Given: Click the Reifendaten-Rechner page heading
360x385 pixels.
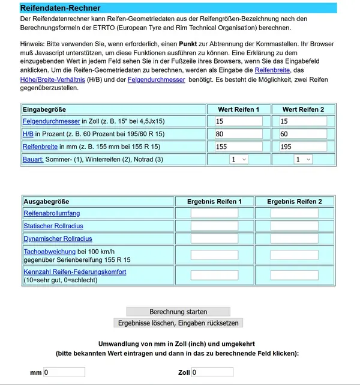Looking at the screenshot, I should [x=60, y=8].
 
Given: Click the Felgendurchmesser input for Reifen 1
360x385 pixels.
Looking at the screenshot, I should [x=239, y=121].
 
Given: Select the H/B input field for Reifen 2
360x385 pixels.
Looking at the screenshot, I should [x=303, y=134].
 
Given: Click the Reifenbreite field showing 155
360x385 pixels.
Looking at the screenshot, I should [x=239, y=147].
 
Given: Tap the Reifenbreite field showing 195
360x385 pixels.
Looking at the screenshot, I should [x=303, y=147].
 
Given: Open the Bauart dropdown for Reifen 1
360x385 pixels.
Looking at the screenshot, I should [x=239, y=159].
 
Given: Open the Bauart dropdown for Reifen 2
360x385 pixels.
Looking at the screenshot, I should [x=303, y=159].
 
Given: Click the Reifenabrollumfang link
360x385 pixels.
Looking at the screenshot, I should [x=52, y=213].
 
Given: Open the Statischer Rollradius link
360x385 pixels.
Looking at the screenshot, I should [x=53, y=226].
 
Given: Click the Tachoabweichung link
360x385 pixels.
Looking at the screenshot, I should [x=49, y=251].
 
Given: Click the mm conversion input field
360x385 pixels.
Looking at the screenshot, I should [x=64, y=372].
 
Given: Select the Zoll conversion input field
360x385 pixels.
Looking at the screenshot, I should [x=212, y=372].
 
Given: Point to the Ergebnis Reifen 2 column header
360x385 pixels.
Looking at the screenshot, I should [x=294, y=201].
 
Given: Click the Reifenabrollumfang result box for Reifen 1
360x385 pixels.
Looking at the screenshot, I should [x=214, y=213].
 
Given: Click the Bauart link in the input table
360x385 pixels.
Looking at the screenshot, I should [x=33, y=159].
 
